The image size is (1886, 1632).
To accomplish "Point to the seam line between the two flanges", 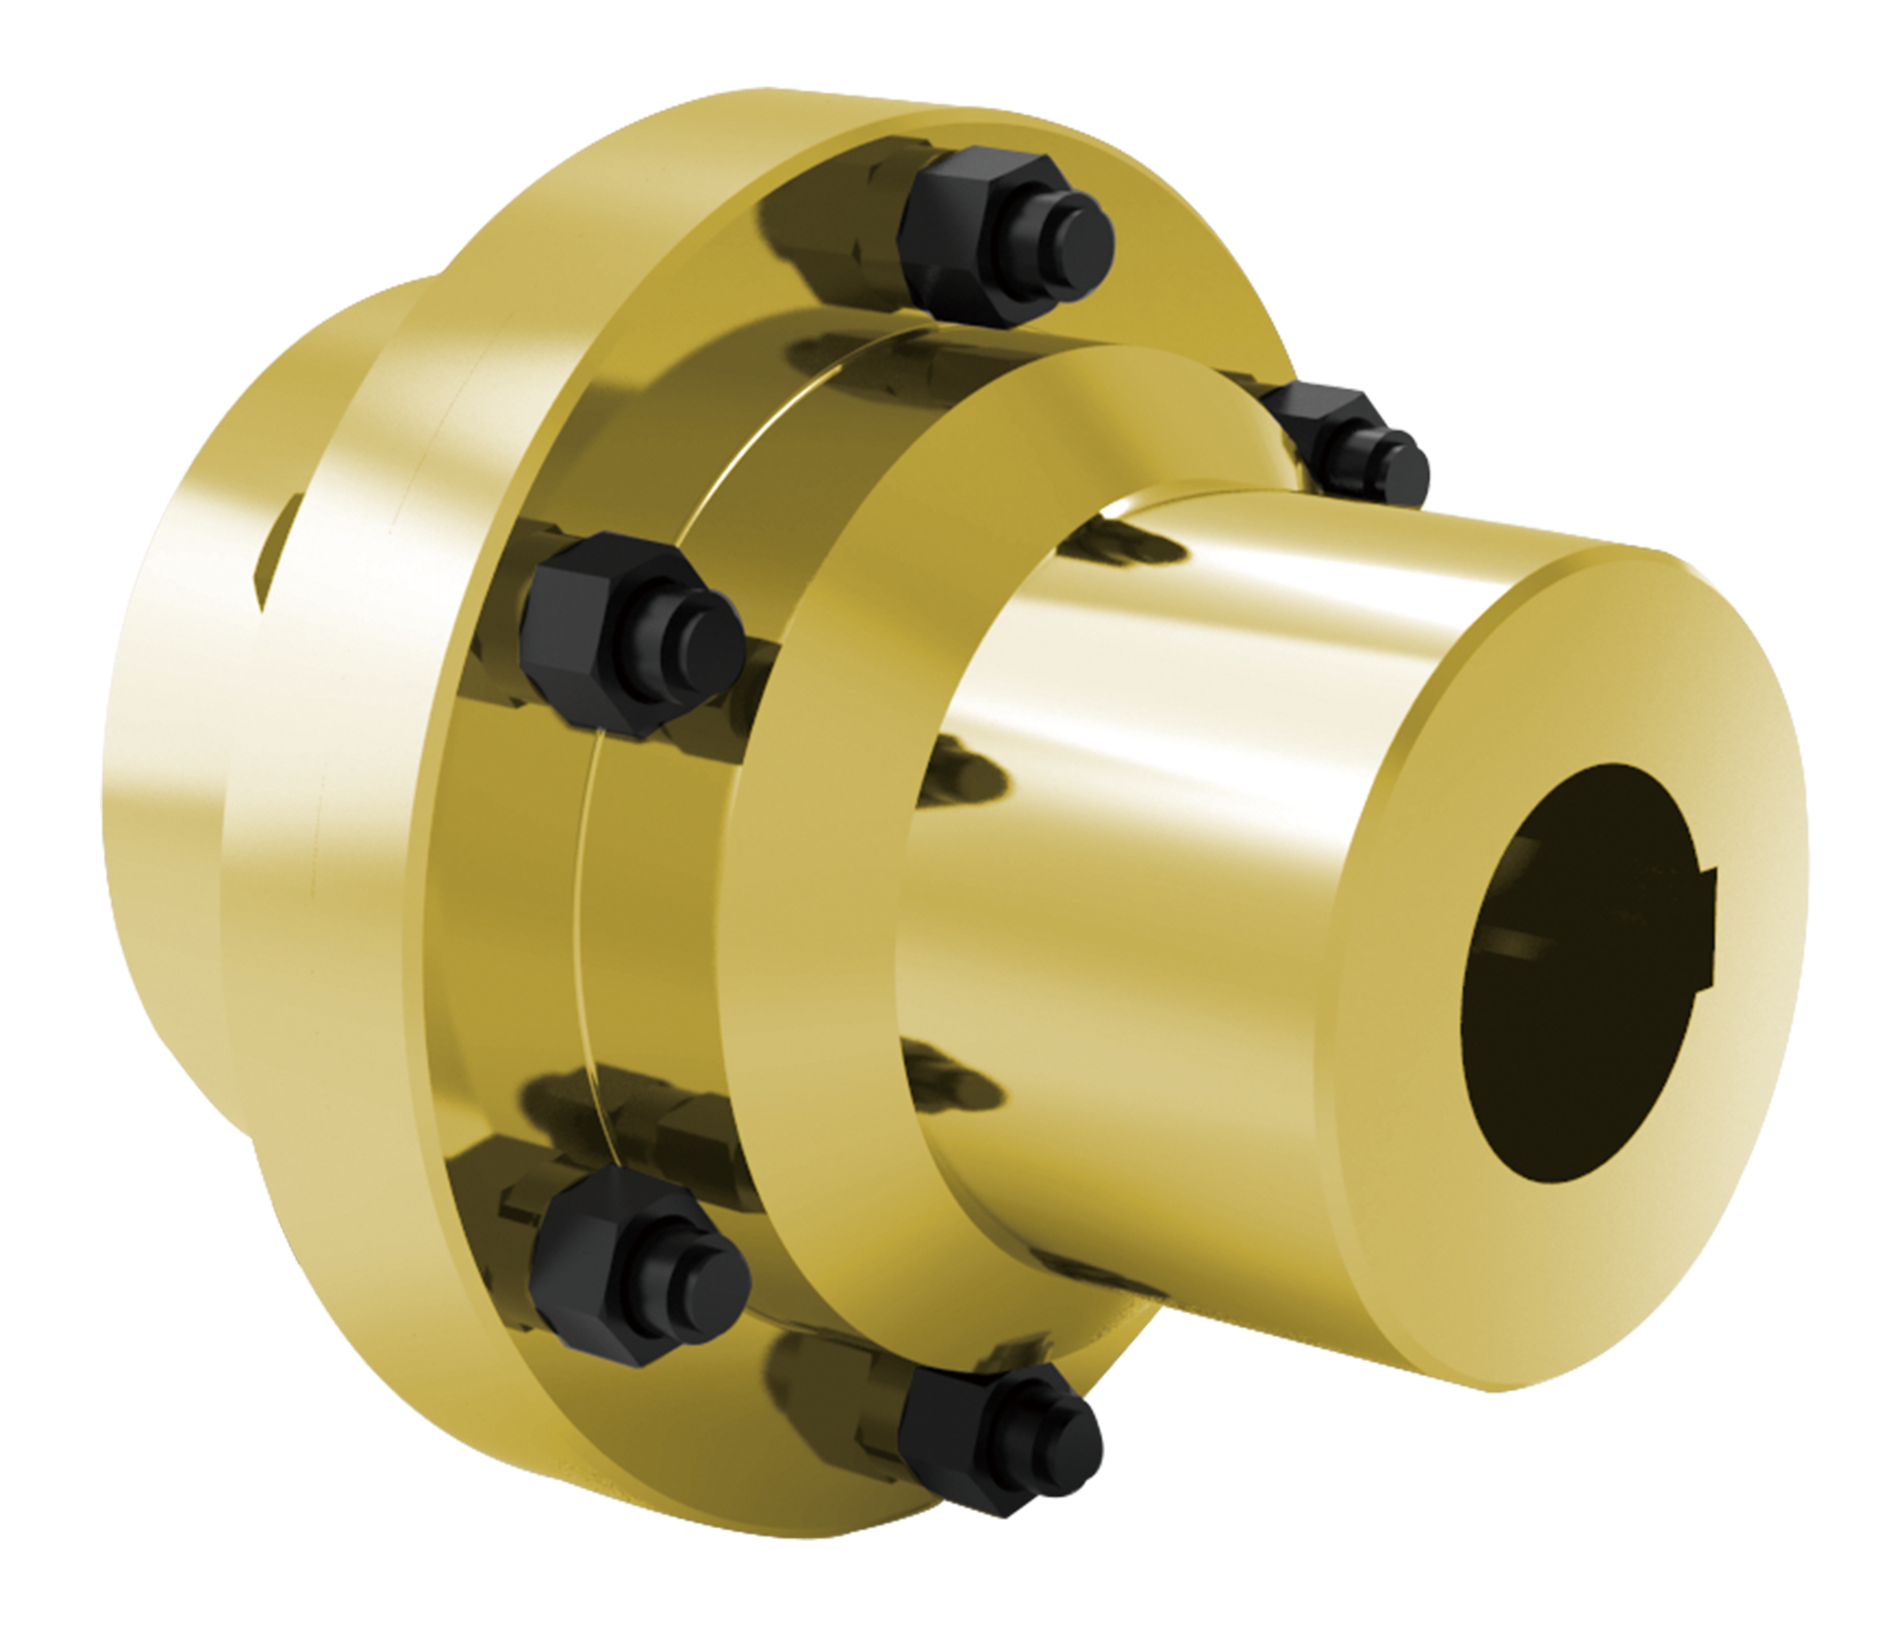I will pyautogui.click(x=583, y=911).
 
